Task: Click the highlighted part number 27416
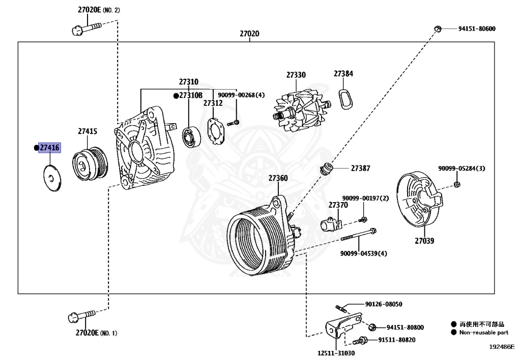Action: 50,148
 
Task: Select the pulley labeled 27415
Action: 90,164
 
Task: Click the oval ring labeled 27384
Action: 344,97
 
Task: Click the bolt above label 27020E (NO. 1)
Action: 82,317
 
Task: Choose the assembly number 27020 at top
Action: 249,34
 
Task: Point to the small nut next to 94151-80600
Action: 437,28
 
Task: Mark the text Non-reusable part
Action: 484,333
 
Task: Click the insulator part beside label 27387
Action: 328,168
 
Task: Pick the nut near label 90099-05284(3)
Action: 457,184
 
